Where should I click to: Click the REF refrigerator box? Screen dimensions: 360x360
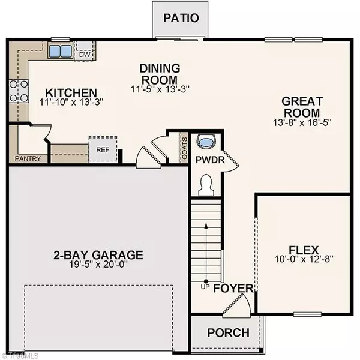pyautogui.click(x=100, y=149)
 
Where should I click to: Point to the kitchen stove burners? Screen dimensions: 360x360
pyautogui.click(x=18, y=91)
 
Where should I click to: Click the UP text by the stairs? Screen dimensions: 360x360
pyautogui.click(x=204, y=287)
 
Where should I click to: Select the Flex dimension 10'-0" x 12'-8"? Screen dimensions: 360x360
pyautogui.click(x=303, y=260)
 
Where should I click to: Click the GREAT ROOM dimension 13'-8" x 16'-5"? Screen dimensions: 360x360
pyautogui.click(x=303, y=122)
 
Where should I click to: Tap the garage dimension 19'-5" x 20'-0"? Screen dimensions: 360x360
pyautogui.click(x=98, y=262)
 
